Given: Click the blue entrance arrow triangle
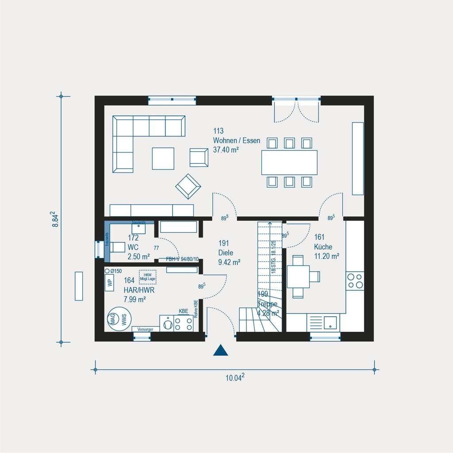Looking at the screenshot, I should (x=220, y=350).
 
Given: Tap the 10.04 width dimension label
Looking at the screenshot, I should (x=235, y=377).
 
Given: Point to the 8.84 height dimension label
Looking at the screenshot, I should (x=55, y=219).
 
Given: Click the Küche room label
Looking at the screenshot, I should (x=323, y=247).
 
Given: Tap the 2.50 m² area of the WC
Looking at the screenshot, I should (x=138, y=256).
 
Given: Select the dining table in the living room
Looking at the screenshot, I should (x=289, y=162).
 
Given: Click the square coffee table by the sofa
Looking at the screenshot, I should (x=163, y=158).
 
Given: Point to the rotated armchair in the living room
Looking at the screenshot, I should (x=188, y=186).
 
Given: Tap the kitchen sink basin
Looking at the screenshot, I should (x=330, y=323).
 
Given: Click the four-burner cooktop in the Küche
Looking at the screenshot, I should (x=355, y=281).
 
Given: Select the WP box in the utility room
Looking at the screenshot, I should (x=109, y=283).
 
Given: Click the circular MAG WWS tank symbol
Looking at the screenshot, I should (x=118, y=319).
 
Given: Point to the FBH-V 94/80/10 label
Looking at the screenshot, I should (x=182, y=260).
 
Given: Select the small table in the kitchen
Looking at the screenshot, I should (x=299, y=277).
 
